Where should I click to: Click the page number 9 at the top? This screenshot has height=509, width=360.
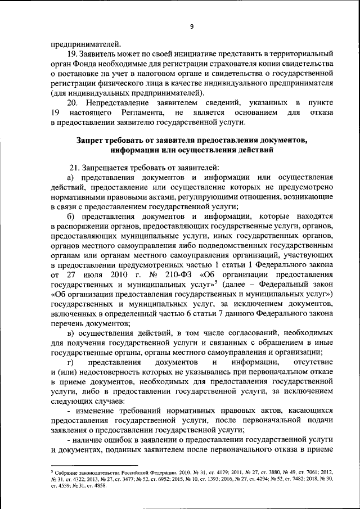pyautogui.click(x=191, y=26)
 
